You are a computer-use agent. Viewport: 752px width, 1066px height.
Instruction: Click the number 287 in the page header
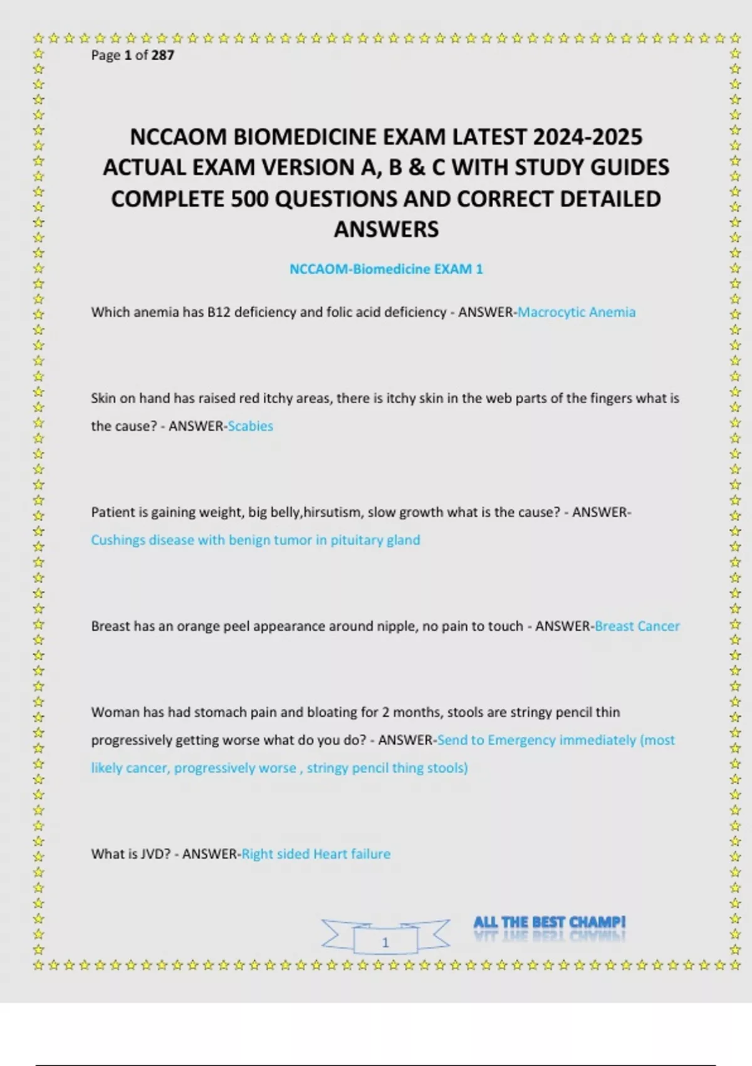click(x=162, y=55)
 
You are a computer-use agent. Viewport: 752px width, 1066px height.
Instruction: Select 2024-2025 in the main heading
click(x=588, y=137)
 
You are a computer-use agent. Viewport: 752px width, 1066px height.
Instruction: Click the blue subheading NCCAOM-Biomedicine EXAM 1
click(x=386, y=269)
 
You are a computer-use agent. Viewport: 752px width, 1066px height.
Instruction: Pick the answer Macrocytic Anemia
click(x=576, y=312)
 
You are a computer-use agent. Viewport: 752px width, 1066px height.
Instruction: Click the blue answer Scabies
click(x=251, y=426)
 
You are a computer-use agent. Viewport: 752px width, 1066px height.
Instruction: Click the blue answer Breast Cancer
click(x=637, y=626)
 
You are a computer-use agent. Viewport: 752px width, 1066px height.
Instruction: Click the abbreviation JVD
click(x=148, y=854)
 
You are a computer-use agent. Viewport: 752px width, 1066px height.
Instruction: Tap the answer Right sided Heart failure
click(x=316, y=854)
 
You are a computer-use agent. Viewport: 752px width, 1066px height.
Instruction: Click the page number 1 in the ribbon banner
click(x=385, y=942)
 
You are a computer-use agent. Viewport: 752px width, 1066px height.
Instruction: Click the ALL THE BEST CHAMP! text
click(x=549, y=922)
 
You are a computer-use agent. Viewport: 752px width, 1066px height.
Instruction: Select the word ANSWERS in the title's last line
click(x=386, y=230)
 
